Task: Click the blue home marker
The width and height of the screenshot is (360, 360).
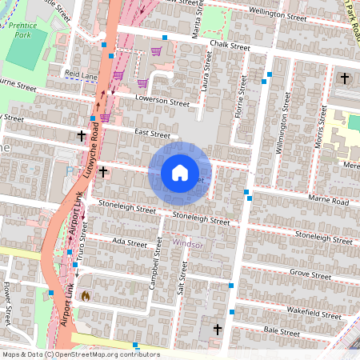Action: [180, 172]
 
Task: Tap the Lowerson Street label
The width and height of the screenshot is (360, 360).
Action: [162, 102]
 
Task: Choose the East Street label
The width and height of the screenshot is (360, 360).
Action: [153, 134]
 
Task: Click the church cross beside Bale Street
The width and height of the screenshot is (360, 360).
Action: [217, 329]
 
